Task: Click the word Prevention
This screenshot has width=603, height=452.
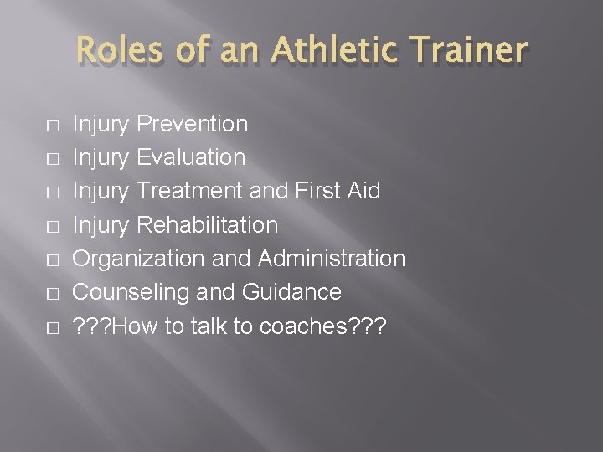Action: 192,124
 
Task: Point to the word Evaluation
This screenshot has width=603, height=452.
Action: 191,157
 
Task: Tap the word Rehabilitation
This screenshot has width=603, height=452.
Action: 207,224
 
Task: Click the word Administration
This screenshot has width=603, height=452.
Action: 332,258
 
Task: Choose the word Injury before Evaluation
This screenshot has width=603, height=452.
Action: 101,158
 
